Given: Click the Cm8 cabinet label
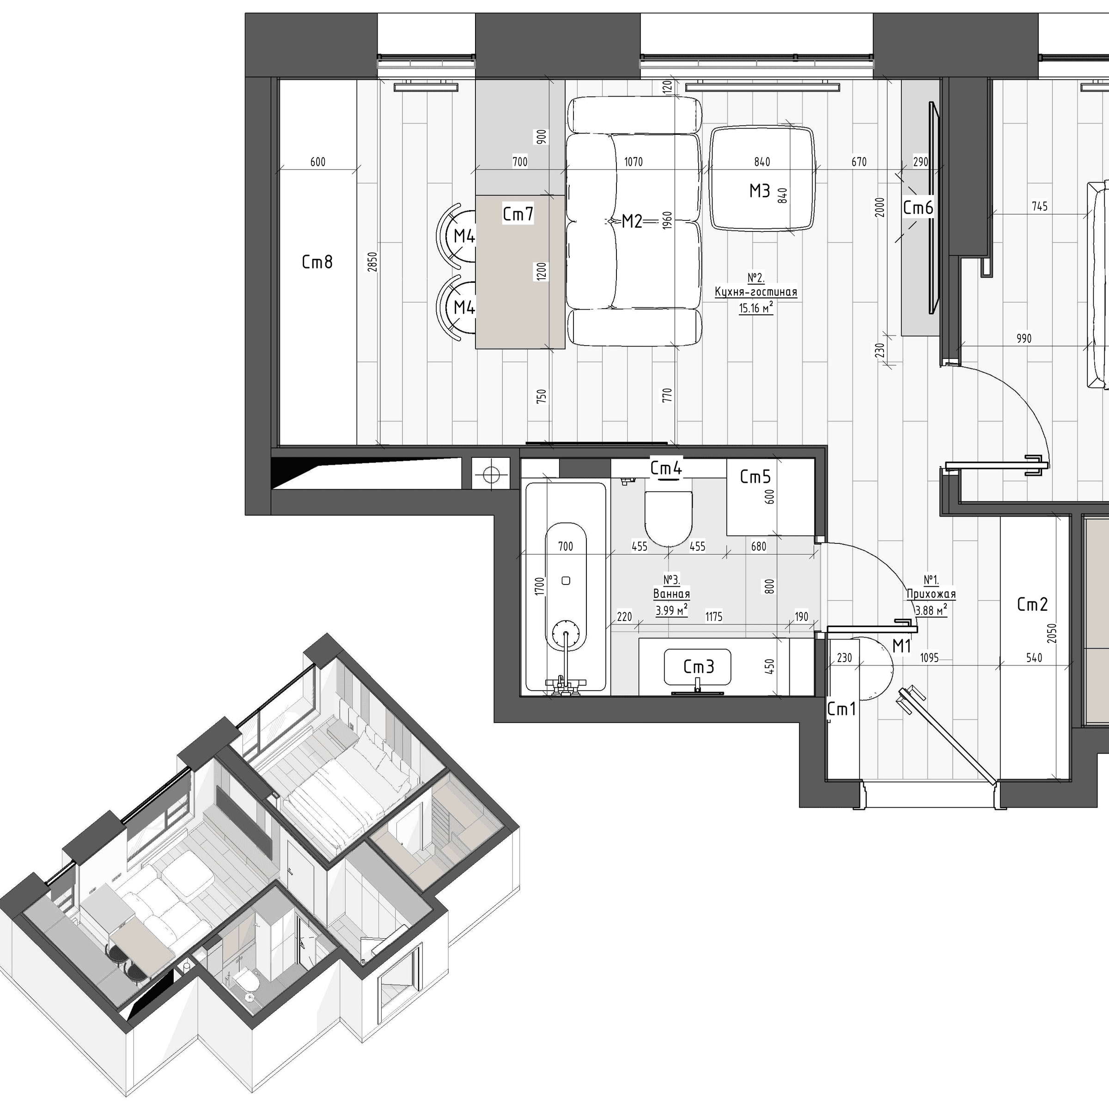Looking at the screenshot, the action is pos(317,262).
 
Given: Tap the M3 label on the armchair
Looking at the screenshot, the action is pos(759,191).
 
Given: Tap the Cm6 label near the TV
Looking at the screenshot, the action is pos(918,208).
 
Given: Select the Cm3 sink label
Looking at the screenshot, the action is pos(699,666).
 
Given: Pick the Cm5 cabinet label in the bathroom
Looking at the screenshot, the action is pos(755,476).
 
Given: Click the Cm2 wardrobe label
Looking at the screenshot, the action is pos(1032,604).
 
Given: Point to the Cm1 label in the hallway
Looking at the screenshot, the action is pos(841,710).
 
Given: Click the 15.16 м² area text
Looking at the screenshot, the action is pos(756,308).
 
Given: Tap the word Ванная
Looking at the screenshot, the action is pos(671,594).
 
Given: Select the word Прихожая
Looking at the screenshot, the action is pos(931,595).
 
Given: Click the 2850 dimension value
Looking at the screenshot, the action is pos(372,262).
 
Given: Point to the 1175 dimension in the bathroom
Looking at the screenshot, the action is pos(713,616).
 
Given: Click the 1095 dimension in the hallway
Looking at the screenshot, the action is pos(929,658).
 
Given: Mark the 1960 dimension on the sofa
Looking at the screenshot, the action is pos(666,220).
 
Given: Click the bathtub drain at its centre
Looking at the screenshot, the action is pos(566,580).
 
